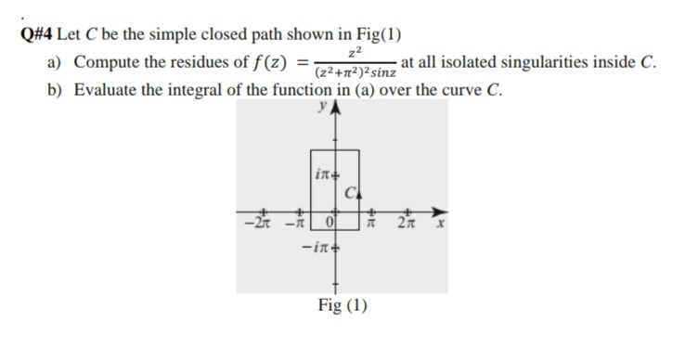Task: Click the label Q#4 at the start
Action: [x=36, y=36]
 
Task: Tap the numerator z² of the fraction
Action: [x=350, y=55]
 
